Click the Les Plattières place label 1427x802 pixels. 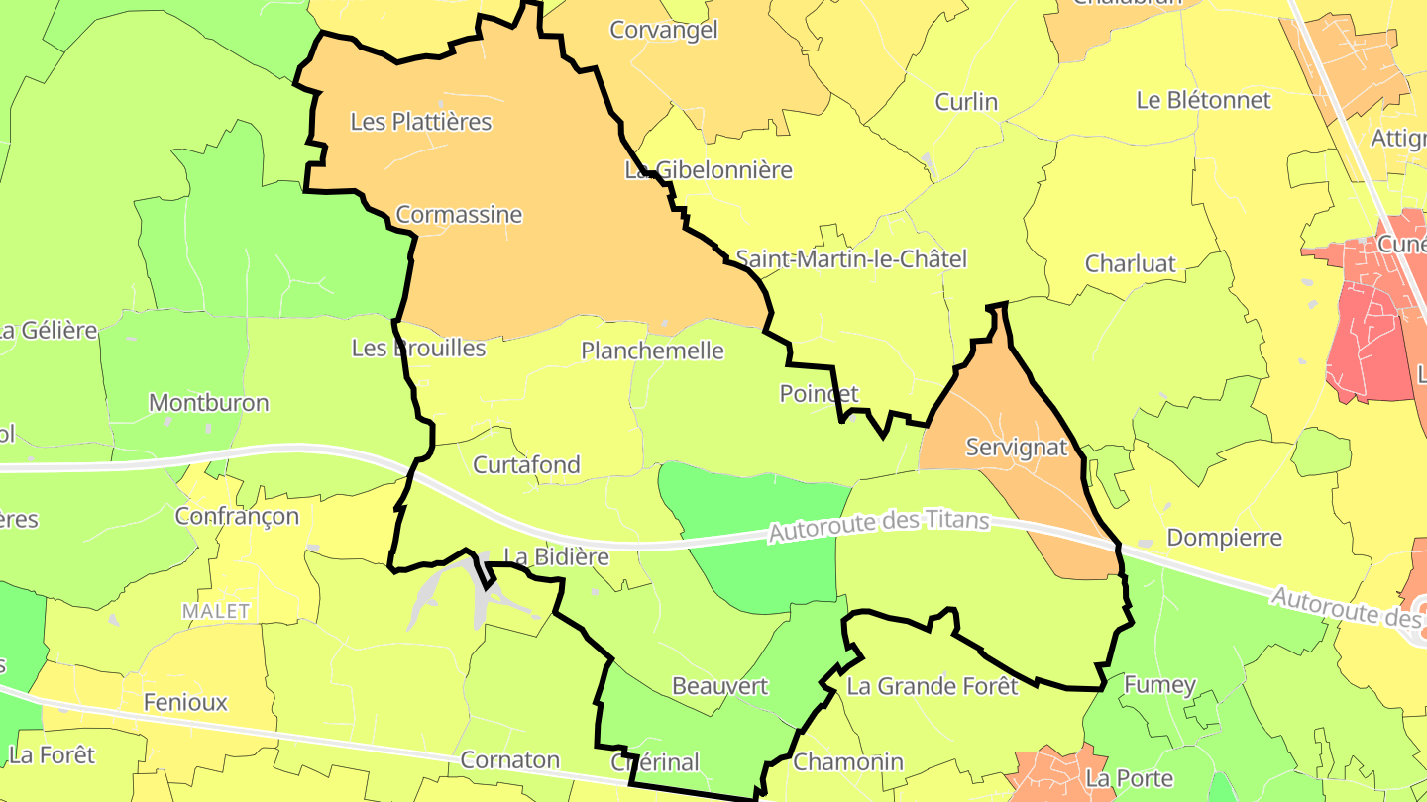click(x=421, y=122)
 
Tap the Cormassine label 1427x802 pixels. click(x=459, y=215)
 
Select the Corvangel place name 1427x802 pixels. click(x=664, y=30)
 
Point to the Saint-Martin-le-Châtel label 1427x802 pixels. click(x=851, y=259)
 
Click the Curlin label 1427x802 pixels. click(x=966, y=102)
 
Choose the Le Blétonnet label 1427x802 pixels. click(x=1203, y=100)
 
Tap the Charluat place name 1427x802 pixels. click(x=1131, y=264)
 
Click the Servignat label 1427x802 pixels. click(x=1017, y=447)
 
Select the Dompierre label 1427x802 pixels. click(x=1225, y=538)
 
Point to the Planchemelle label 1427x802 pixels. click(x=652, y=351)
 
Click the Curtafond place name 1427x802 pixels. click(x=526, y=464)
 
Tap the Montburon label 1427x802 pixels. click(x=208, y=403)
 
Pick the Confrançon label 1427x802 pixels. click(x=237, y=516)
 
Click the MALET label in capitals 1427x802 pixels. click(x=216, y=611)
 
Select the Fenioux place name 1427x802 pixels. click(x=185, y=703)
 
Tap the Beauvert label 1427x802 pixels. click(x=719, y=686)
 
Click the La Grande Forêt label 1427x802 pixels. click(x=933, y=686)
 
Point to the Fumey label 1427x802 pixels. click(x=1159, y=684)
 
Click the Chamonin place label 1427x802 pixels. click(x=848, y=761)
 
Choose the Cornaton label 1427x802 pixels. click(x=510, y=760)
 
